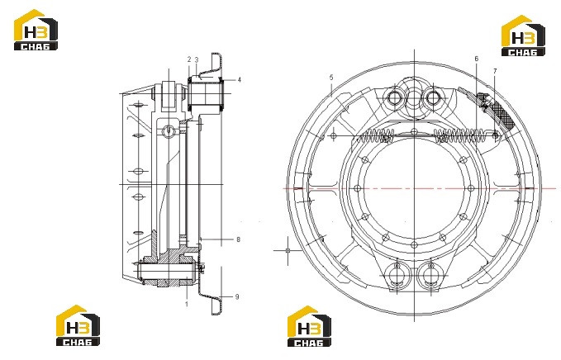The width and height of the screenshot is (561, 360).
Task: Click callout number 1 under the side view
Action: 187,304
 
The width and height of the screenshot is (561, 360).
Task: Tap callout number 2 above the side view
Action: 189,59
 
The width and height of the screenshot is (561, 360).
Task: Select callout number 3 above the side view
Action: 197,59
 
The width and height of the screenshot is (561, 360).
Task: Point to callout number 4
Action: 240,80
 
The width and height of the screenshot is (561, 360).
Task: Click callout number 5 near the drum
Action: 331,78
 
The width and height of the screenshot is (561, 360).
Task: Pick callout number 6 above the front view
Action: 476,59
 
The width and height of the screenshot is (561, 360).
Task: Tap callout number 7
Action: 495,71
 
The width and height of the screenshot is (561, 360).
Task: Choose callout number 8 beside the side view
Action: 238,239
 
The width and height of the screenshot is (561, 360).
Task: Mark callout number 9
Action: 237,296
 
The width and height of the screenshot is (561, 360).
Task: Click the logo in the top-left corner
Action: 36,30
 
